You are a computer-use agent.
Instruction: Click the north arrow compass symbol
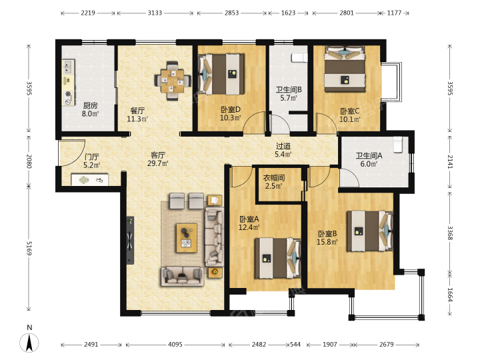pos(29,342)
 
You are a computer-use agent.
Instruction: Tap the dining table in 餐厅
pos(173,81)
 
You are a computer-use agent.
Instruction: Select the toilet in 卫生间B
pos(299,57)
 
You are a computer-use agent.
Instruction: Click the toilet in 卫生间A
pos(397,145)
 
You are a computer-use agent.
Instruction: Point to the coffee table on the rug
pos(187,238)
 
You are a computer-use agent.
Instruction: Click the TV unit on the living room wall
pos(131,240)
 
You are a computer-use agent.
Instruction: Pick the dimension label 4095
pos(175,345)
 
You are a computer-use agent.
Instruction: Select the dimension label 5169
pos(29,248)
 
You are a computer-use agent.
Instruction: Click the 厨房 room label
pos(90,106)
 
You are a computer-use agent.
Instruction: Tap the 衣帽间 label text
pos(274,178)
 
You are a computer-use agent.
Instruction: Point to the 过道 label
pos(283,146)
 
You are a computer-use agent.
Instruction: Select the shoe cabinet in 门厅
pos(90,180)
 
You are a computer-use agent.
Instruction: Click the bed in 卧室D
pos(221,74)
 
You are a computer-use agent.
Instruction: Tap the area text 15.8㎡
pos(327,242)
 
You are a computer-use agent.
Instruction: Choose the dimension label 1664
pos(450,295)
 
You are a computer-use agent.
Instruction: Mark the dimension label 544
pos(295,345)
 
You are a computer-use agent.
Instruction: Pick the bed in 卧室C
pos(345,69)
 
